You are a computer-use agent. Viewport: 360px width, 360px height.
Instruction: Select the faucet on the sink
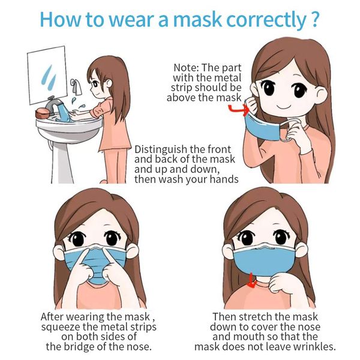click(x=54, y=106)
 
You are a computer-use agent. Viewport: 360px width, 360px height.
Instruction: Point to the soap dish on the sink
click(x=43, y=112)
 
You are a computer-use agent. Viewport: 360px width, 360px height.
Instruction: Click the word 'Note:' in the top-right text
click(x=188, y=67)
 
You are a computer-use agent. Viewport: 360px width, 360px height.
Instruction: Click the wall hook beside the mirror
click(x=76, y=84)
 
